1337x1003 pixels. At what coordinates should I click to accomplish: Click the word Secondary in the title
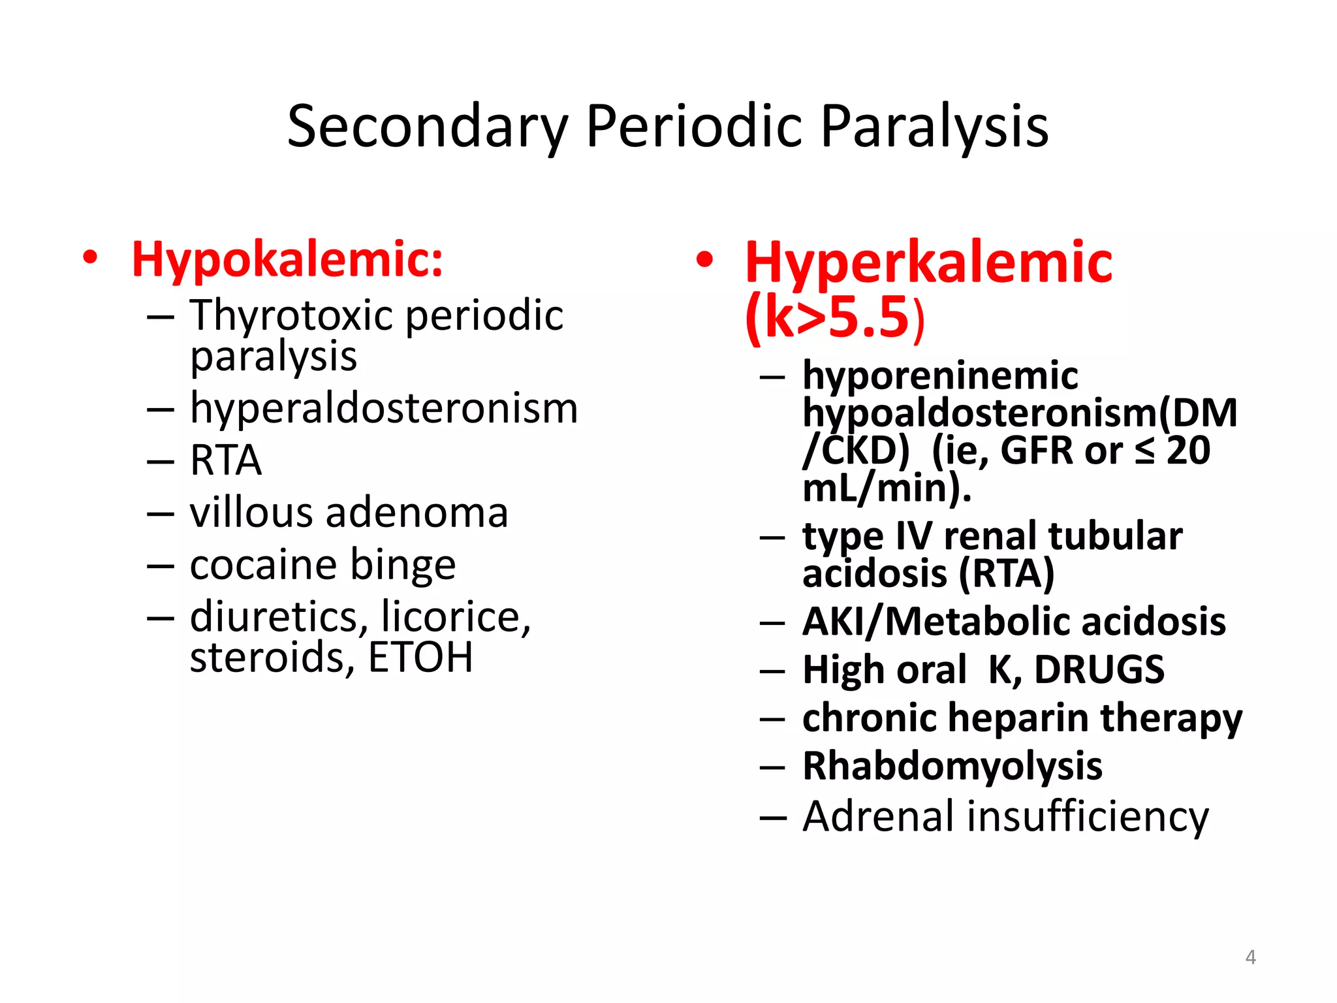pyautogui.click(x=428, y=127)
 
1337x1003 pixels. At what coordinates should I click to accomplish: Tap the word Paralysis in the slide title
pyautogui.click(x=934, y=127)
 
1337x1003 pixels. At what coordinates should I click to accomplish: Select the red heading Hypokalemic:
pyautogui.click(x=287, y=260)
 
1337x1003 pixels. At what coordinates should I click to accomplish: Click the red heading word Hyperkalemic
pyautogui.click(x=928, y=263)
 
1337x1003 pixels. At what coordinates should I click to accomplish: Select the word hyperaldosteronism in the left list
pyautogui.click(x=384, y=409)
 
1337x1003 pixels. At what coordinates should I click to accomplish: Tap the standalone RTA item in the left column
pyautogui.click(x=226, y=460)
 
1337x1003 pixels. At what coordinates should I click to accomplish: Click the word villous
pyautogui.click(x=251, y=513)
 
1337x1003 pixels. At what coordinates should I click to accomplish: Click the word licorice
pyautogui.click(x=456, y=617)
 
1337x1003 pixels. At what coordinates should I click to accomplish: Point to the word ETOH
pyautogui.click(x=420, y=658)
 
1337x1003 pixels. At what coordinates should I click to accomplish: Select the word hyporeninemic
pyautogui.click(x=940, y=376)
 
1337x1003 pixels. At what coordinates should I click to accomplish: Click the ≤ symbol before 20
pyautogui.click(x=1144, y=451)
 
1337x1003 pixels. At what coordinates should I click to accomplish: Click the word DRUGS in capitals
pyautogui.click(x=1099, y=670)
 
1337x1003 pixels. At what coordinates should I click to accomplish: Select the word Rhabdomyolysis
pyautogui.click(x=952, y=767)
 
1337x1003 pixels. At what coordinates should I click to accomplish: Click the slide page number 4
pyautogui.click(x=1250, y=957)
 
